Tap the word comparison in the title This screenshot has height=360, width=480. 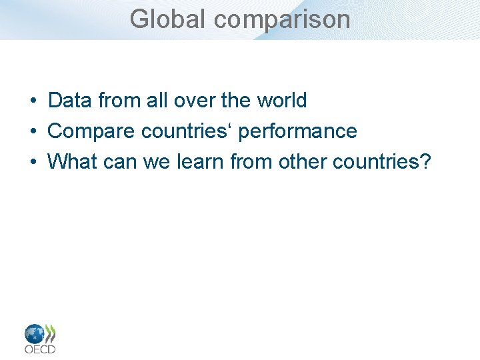(x=282, y=19)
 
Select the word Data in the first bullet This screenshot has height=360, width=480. (x=70, y=101)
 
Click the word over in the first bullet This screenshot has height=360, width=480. (x=195, y=101)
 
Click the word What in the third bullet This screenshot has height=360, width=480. (x=71, y=161)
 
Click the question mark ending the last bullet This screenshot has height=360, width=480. (x=426, y=161)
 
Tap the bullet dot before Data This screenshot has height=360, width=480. (x=32, y=101)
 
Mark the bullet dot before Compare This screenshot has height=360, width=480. (x=32, y=132)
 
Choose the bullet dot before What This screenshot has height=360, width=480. (x=32, y=162)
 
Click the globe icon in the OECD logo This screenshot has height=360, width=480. (x=34, y=333)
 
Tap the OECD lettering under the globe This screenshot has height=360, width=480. (x=39, y=349)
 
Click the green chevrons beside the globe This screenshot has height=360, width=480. (x=50, y=333)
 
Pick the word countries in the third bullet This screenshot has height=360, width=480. (x=375, y=161)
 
